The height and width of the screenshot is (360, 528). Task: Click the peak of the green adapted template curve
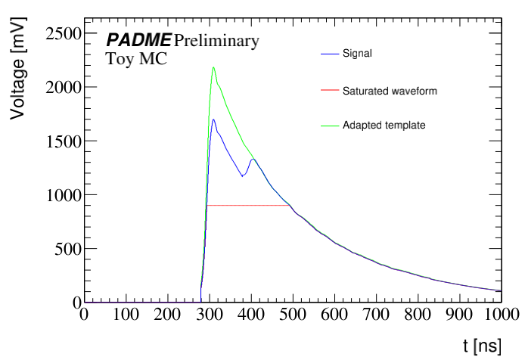213,67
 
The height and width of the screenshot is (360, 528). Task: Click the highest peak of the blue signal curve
213,119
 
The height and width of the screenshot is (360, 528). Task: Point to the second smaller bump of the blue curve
252,160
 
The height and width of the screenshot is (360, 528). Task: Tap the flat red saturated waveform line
250,205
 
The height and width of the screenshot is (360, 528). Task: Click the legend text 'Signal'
357,54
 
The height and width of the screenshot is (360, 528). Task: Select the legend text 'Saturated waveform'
390,90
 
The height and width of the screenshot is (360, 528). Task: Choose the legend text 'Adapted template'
384,125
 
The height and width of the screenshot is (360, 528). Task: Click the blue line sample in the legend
329,54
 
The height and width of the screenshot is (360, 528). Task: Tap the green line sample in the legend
329,125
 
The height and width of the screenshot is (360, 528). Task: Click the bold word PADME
138,40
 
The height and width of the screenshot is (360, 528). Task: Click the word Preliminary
216,40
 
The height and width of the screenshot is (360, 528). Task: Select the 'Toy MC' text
137,57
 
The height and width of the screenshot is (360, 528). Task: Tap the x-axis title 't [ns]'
481,346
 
